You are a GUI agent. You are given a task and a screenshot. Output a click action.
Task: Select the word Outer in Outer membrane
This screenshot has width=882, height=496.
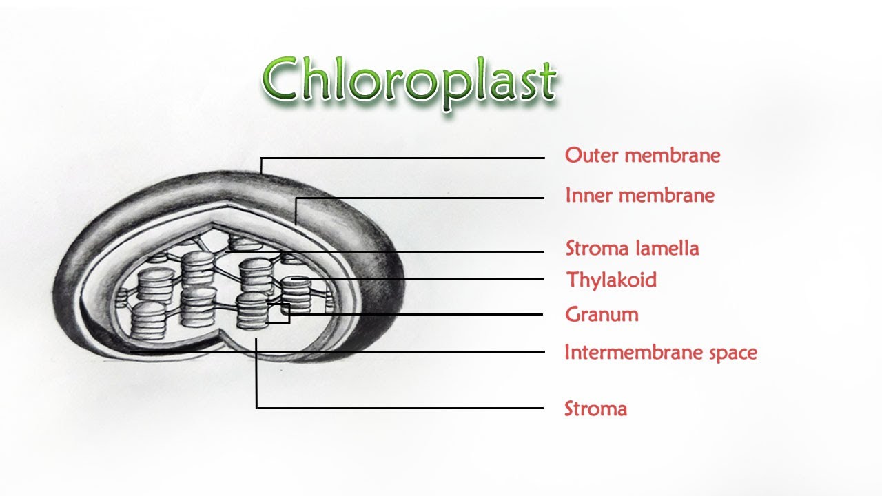coord(586,156)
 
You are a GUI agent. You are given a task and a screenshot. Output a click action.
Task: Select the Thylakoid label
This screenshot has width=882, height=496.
coord(611,280)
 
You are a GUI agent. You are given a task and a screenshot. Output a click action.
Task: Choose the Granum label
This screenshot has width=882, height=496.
coord(602,315)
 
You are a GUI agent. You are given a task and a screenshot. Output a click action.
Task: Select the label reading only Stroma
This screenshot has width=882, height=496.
coord(595,409)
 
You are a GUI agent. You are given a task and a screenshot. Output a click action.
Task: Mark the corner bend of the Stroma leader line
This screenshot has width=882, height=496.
coord(257,408)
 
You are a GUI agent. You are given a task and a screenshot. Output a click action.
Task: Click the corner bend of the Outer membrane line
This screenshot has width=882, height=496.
coord(261,158)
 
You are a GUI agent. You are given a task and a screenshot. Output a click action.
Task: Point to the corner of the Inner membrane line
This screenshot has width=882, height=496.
coord(296,198)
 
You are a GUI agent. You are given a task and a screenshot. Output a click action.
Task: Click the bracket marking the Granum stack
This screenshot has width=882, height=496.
coord(288,313)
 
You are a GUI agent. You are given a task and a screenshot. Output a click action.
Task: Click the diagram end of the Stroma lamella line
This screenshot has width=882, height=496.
coord(225,251)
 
